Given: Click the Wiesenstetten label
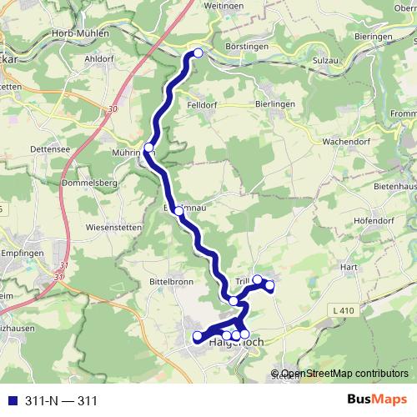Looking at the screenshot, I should click(x=113, y=227).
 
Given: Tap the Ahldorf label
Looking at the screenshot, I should click(x=99, y=59).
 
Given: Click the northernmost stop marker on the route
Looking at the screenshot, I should click(x=198, y=53).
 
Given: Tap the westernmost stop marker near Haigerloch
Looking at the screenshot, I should click(x=198, y=337).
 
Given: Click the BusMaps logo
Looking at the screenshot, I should click(x=375, y=400).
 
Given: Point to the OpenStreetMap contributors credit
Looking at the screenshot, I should click(x=344, y=374).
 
